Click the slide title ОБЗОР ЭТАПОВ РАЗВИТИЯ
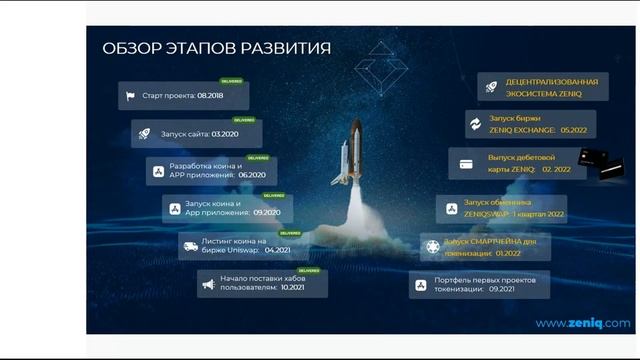217,48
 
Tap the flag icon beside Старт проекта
129,97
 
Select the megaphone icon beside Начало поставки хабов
207,285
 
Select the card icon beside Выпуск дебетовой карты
466,164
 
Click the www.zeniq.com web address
582,323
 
